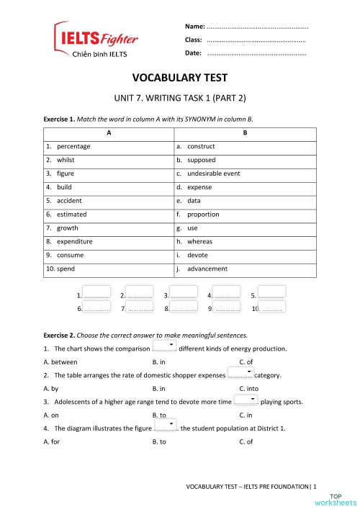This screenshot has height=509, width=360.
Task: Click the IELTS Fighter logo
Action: click(95, 40)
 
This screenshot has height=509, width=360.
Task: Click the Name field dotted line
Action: click(257, 26)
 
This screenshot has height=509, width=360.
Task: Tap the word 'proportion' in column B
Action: click(204, 215)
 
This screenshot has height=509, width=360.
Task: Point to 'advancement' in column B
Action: click(207, 269)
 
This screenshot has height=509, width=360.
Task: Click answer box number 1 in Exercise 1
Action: click(96, 294)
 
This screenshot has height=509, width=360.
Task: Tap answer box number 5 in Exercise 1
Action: click(271, 294)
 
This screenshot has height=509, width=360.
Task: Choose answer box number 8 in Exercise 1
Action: click(184, 307)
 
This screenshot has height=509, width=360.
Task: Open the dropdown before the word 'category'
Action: click(240, 374)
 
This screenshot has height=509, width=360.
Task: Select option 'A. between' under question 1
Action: click(60, 361)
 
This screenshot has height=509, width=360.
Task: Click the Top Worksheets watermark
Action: click(343, 499)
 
